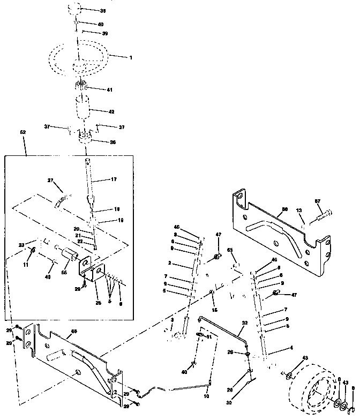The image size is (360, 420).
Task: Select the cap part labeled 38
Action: click(x=76, y=10)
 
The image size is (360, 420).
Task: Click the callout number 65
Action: click(x=230, y=250)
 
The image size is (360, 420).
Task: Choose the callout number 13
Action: click(x=301, y=211)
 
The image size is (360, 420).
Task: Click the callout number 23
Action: click(x=22, y=245)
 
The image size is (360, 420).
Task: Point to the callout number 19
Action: click(x=120, y=219)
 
